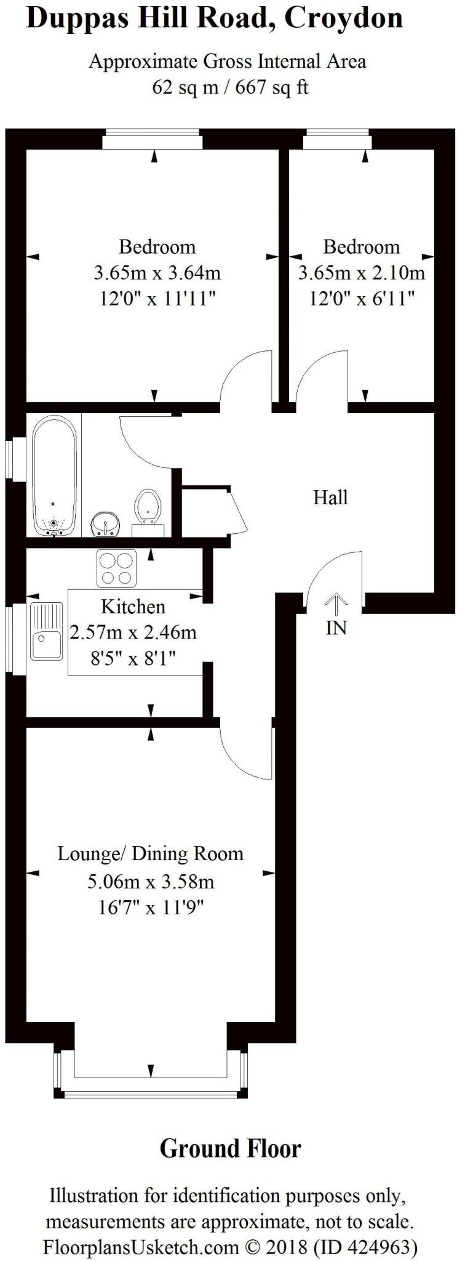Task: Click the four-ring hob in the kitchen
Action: [116, 568]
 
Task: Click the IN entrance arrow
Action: [336, 605]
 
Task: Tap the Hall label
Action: [330, 498]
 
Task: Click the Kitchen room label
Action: [133, 606]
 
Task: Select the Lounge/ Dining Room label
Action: [150, 854]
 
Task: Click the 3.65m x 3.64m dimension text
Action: [157, 272]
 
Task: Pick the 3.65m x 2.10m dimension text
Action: [361, 272]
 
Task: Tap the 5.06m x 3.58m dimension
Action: [150, 882]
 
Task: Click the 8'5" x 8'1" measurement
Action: [133, 659]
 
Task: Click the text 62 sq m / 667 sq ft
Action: [230, 87]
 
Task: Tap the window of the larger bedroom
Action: [153, 140]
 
